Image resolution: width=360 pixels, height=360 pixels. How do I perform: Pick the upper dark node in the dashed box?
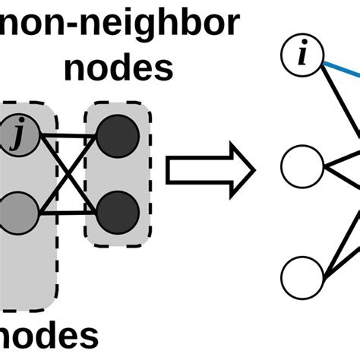[x=118, y=137]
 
